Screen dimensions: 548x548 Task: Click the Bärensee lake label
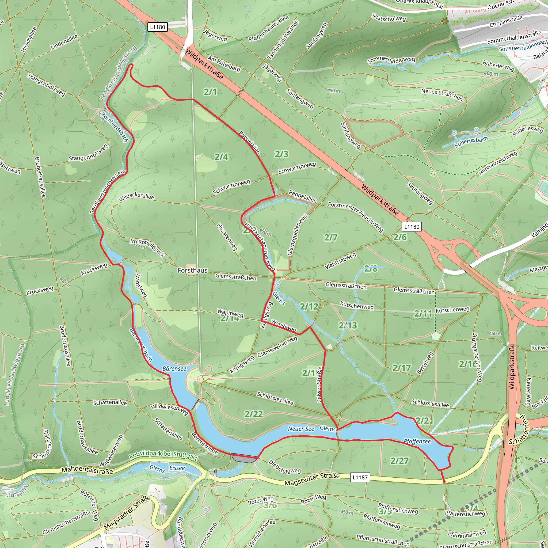tap(174, 368)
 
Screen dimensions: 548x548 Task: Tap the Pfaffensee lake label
tap(417, 441)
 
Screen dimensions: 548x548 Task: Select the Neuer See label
tap(301, 429)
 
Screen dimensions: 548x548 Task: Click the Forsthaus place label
tap(192, 270)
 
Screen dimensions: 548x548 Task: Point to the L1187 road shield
tap(360, 477)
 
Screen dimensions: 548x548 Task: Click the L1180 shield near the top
tap(157, 27)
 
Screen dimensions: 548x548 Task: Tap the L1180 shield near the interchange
tap(412, 227)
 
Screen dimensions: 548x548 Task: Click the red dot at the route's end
tap(444, 481)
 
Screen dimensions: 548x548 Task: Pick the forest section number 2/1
tap(210, 92)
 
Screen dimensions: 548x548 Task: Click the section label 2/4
tap(221, 157)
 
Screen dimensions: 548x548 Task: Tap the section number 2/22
tap(254, 414)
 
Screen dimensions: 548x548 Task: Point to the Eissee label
tap(177, 468)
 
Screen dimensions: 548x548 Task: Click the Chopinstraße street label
tap(506, 22)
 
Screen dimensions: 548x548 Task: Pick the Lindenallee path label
tap(64, 42)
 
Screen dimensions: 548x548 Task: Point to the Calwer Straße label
tap(319, 385)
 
